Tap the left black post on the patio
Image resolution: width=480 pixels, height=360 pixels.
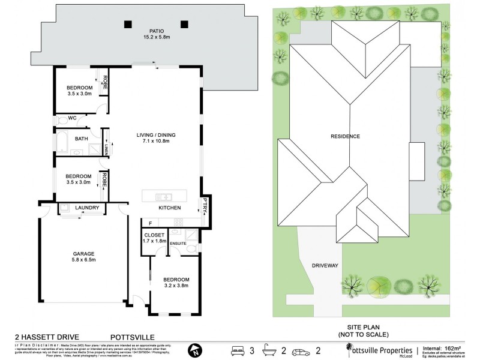tap(128, 25)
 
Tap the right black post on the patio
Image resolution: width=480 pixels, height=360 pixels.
tap(184, 25)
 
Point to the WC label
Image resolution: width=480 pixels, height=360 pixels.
tap(72, 118)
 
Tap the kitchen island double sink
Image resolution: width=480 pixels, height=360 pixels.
tap(164, 197)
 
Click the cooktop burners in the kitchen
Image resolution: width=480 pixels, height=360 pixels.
tap(178, 223)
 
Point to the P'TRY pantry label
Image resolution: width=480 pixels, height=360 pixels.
tap(205, 204)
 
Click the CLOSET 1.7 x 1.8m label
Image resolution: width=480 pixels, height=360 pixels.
tap(154, 238)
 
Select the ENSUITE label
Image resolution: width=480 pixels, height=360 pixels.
tap(178, 243)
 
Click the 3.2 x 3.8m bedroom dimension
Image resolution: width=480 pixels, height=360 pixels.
tap(176, 287)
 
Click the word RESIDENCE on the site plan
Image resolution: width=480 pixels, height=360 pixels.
tap(345, 136)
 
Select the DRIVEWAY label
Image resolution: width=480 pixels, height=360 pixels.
tap(326, 265)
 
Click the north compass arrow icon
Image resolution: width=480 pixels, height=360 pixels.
tap(194, 350)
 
